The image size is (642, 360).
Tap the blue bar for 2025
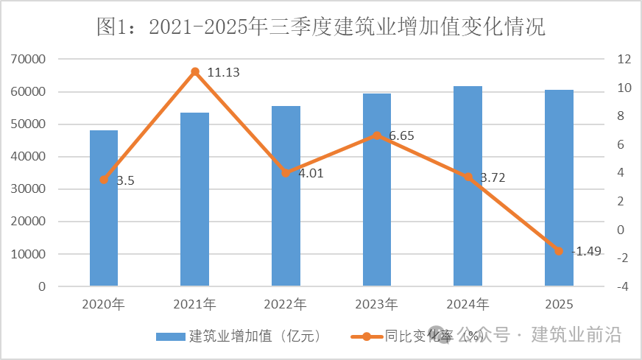559,188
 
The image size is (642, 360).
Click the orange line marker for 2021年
195,72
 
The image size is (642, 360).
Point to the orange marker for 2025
559,251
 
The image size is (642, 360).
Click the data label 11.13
224,72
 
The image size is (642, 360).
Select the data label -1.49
586,251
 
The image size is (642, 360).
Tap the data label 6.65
403,136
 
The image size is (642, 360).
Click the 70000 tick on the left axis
29,60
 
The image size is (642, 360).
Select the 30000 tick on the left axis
29,189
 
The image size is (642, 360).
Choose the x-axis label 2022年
286,303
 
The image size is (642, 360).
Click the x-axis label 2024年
468,303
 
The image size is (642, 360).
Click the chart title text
321,28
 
